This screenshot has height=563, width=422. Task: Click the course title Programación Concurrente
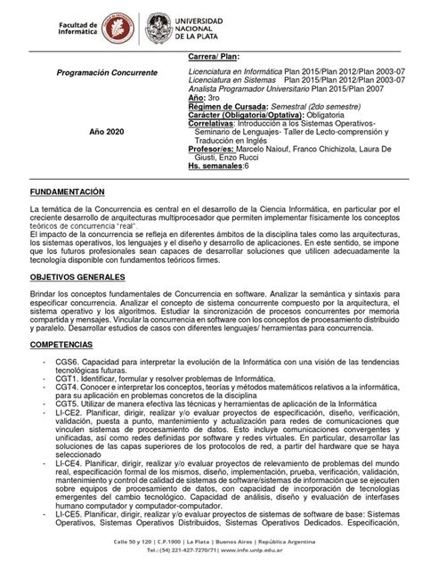(101, 70)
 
